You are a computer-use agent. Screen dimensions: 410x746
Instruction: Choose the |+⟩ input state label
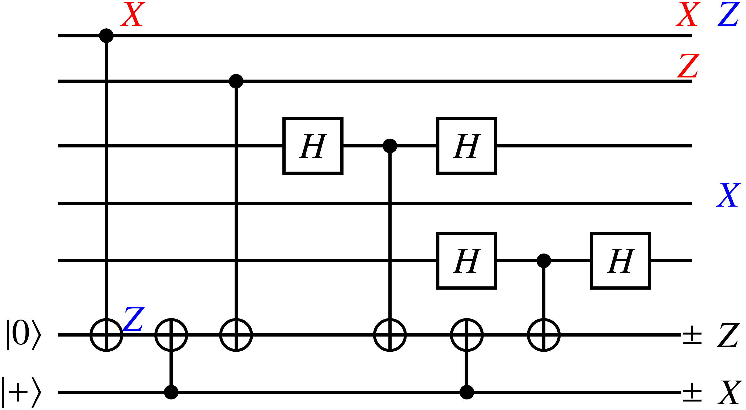(21, 392)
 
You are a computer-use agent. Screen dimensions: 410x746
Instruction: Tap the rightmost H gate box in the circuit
(621, 261)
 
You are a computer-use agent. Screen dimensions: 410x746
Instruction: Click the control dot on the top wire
(106, 36)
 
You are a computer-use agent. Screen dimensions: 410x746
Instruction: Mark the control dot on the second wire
(236, 81)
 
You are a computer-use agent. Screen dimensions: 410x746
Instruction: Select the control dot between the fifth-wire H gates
(544, 261)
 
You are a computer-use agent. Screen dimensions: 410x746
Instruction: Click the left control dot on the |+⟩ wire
(171, 392)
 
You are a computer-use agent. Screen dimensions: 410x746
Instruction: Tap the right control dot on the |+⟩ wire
(467, 392)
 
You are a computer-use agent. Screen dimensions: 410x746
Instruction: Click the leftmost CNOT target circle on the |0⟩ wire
(106, 335)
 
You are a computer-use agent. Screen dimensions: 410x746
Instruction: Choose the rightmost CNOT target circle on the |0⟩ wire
(544, 335)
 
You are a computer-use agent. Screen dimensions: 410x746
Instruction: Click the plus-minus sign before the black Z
(692, 335)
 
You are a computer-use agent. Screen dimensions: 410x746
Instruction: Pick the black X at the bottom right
(729, 392)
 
